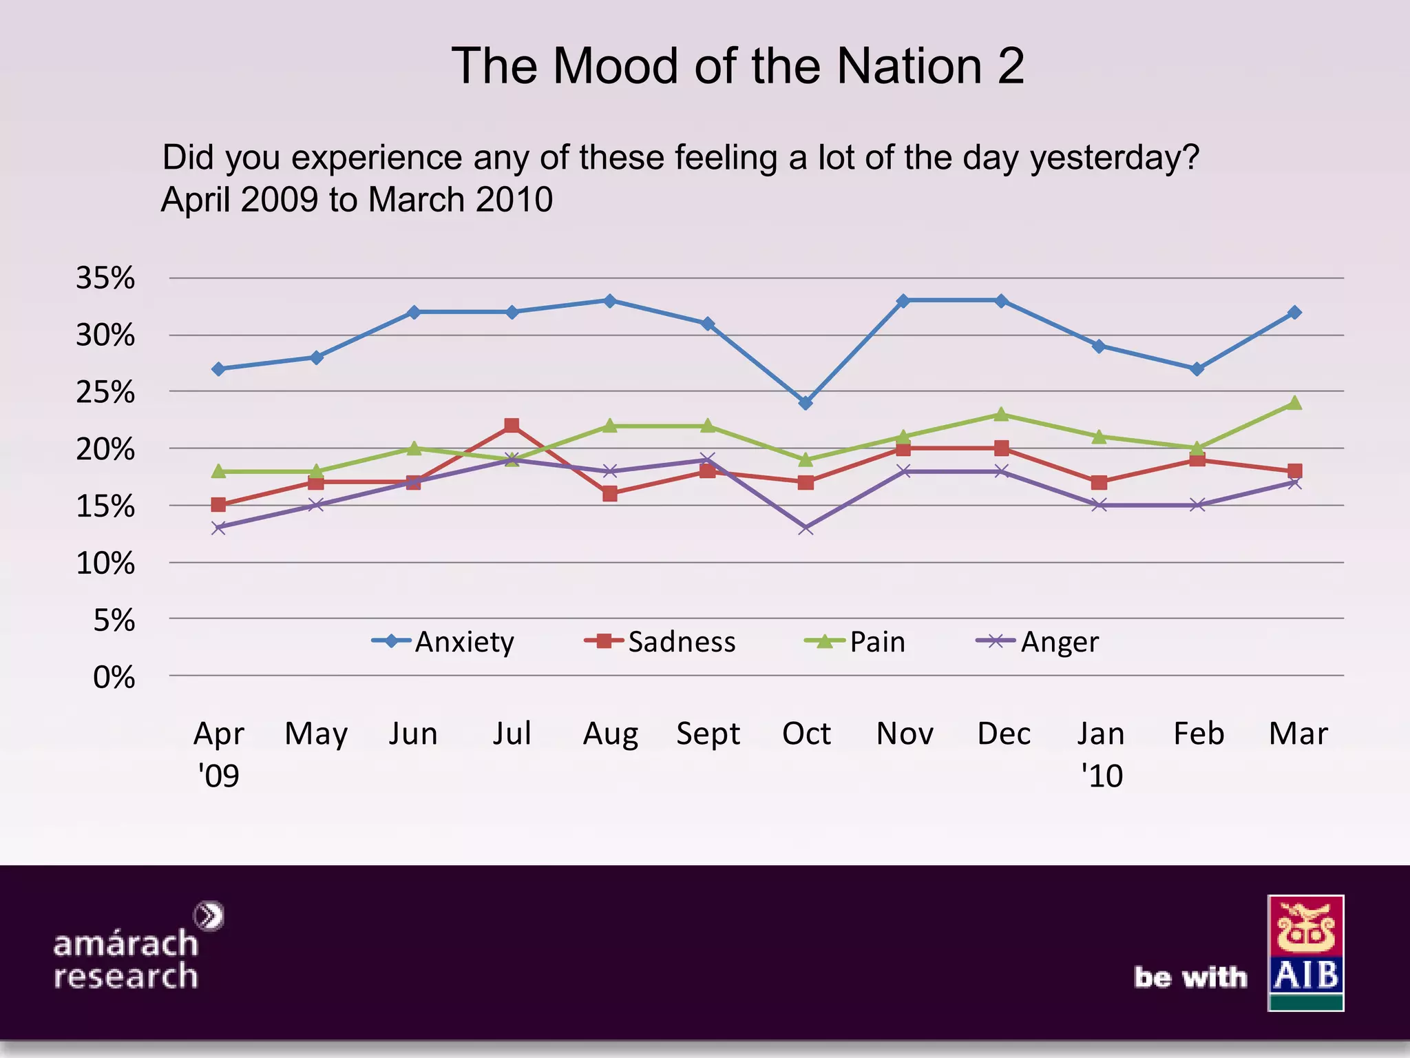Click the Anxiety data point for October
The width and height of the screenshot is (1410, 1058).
(806, 403)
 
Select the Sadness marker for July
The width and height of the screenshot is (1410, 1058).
(512, 426)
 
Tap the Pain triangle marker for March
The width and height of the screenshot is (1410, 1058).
(1294, 403)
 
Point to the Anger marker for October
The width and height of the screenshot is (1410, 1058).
(806, 528)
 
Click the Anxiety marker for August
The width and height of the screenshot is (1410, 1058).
(609, 301)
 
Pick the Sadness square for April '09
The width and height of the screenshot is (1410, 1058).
(218, 505)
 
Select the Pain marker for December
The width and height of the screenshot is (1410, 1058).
(1002, 414)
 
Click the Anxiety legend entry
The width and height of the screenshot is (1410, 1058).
(444, 642)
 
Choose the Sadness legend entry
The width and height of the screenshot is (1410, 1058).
(661, 642)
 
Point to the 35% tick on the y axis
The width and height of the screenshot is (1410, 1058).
(105, 278)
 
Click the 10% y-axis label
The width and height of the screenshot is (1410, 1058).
(105, 563)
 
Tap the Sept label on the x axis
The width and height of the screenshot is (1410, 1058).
(708, 734)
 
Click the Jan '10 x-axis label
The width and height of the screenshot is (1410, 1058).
(1101, 754)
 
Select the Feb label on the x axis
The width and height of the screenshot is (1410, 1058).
(1199, 734)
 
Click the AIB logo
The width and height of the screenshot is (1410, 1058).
(1305, 953)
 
